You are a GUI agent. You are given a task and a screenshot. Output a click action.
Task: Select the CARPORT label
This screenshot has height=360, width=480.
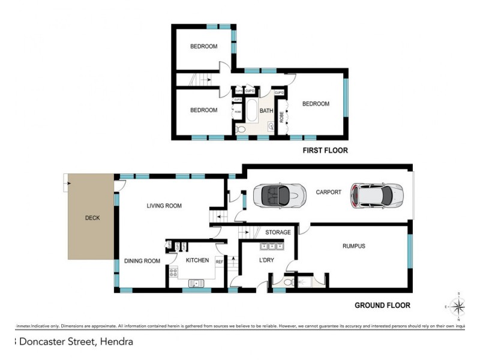(x=328, y=193)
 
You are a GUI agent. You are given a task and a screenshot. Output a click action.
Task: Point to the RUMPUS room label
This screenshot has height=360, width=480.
(x=353, y=246)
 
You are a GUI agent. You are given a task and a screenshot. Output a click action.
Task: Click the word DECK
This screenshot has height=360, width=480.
(x=92, y=218)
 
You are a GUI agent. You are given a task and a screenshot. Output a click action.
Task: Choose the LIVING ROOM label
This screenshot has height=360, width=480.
(x=164, y=206)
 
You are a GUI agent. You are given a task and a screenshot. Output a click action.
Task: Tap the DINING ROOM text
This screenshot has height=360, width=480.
(x=142, y=261)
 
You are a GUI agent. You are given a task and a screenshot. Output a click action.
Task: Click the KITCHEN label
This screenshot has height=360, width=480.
(x=197, y=260)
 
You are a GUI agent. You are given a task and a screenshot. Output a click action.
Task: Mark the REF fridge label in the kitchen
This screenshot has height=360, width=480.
(x=219, y=262)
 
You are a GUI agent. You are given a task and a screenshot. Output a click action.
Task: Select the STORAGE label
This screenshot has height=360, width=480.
(x=278, y=232)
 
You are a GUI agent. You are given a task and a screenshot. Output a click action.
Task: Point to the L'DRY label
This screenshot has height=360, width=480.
(x=266, y=260)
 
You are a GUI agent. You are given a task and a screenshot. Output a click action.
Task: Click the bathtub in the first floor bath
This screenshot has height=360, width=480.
(x=252, y=111)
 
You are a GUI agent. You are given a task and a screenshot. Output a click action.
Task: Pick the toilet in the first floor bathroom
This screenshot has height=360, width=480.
(x=241, y=129)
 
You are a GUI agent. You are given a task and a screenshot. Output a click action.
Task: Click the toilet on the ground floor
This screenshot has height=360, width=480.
(x=289, y=281)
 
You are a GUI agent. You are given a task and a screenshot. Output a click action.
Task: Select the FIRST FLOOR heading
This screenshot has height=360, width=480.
(x=325, y=151)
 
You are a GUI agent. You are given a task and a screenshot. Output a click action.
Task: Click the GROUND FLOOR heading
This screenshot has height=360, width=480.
(x=382, y=305)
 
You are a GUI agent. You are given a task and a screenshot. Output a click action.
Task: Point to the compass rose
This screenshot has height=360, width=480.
(x=459, y=307)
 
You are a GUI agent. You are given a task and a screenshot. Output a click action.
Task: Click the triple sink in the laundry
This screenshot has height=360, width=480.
(x=271, y=247)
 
